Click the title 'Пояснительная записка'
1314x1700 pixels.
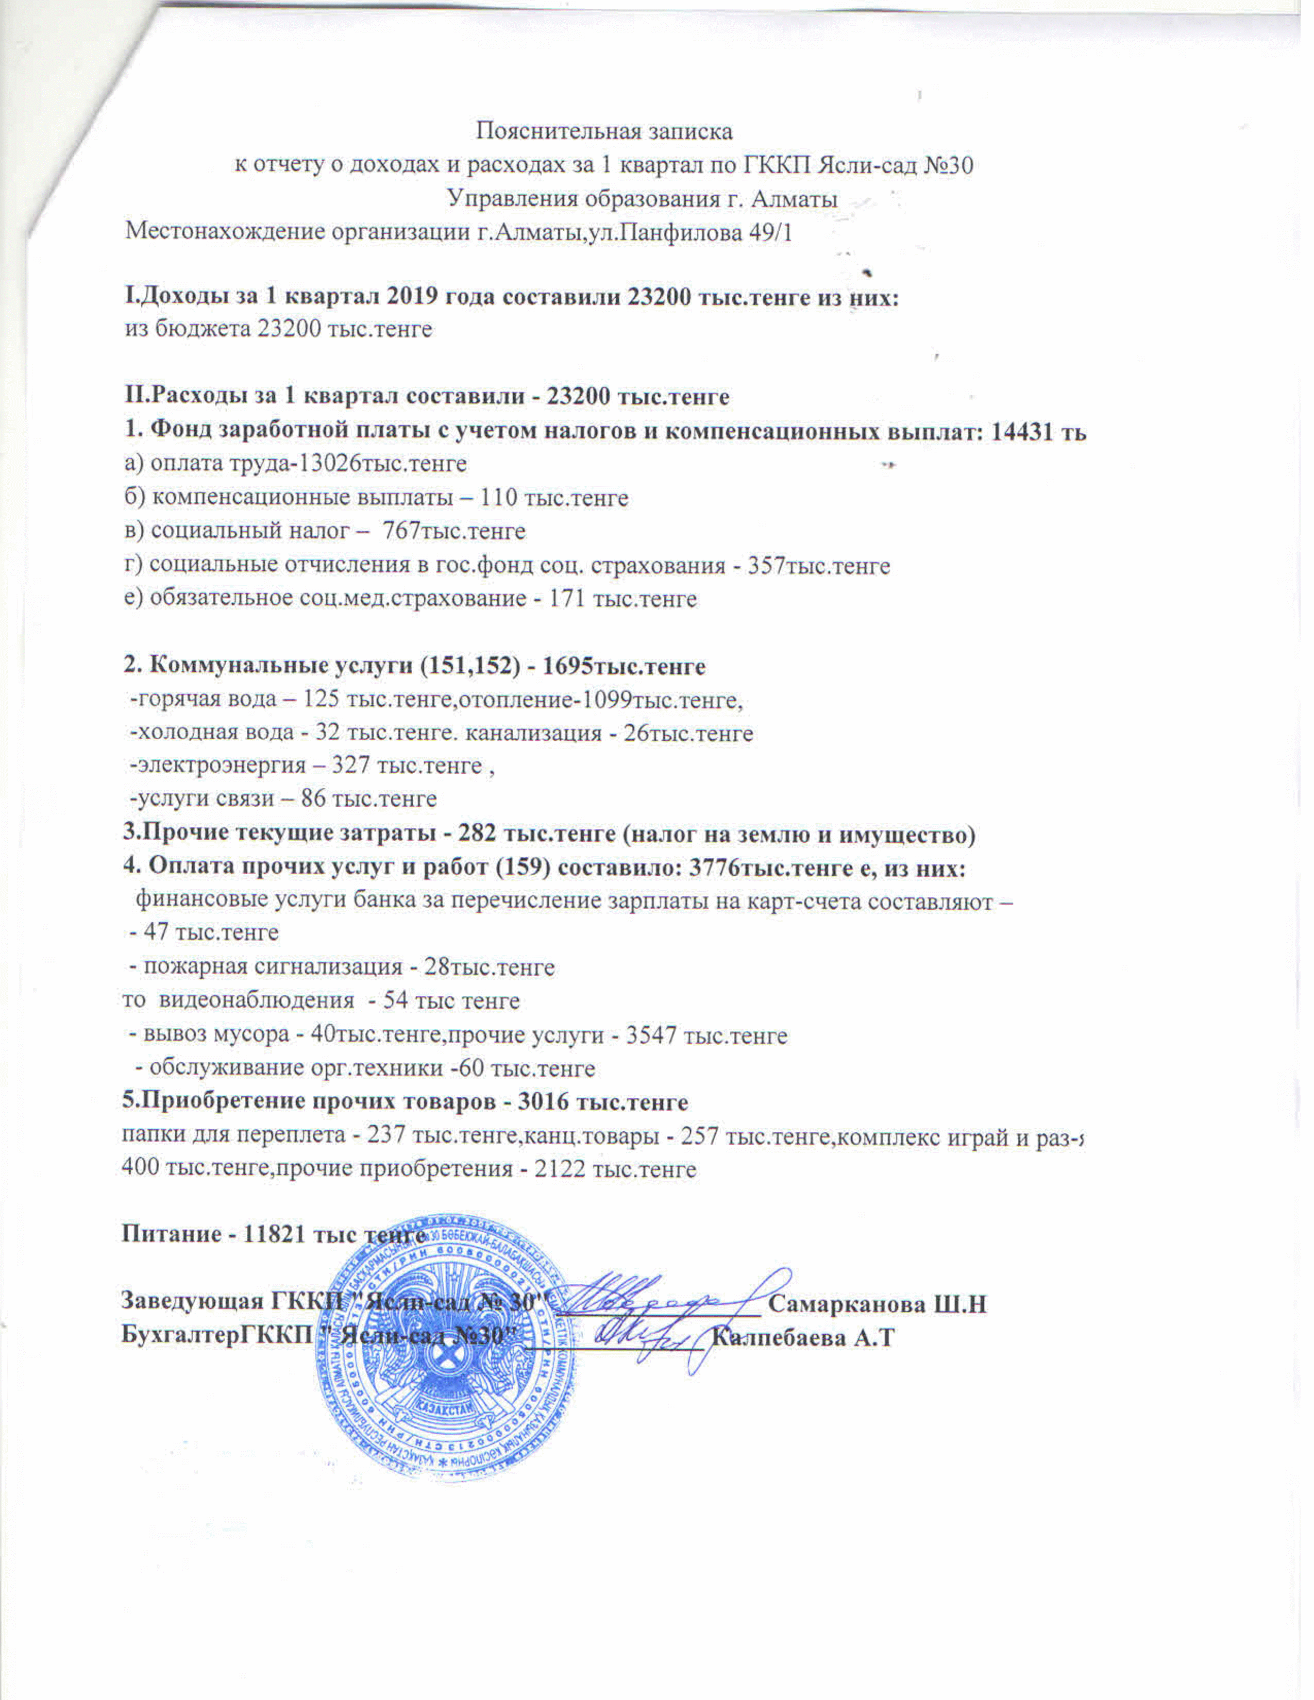pyautogui.click(x=604, y=131)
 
